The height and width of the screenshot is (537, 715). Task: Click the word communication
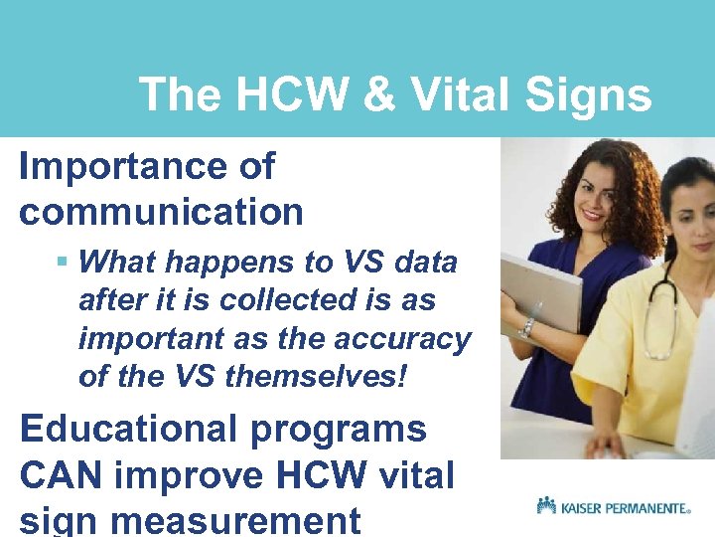coord(161,211)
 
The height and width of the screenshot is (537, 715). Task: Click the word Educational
coord(126,430)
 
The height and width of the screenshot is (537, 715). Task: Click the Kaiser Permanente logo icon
coord(545,506)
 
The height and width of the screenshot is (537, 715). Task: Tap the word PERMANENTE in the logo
coord(640,508)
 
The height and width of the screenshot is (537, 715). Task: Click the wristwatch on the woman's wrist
coord(526,327)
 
